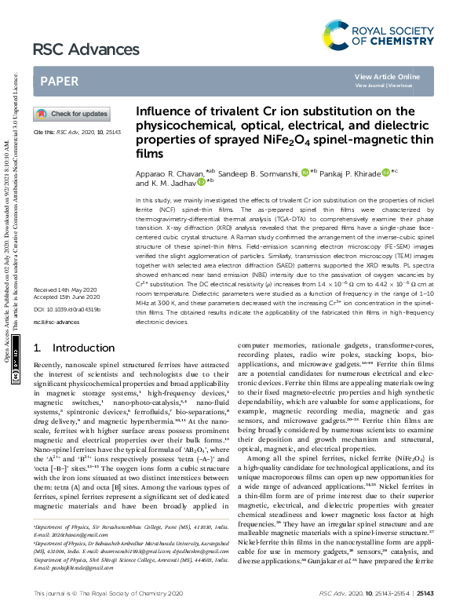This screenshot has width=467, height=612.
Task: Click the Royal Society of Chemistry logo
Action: (378, 35)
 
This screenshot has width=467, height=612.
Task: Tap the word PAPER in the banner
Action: (59, 81)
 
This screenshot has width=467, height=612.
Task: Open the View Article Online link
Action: (387, 76)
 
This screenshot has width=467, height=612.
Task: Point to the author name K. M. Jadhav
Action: (173, 183)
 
